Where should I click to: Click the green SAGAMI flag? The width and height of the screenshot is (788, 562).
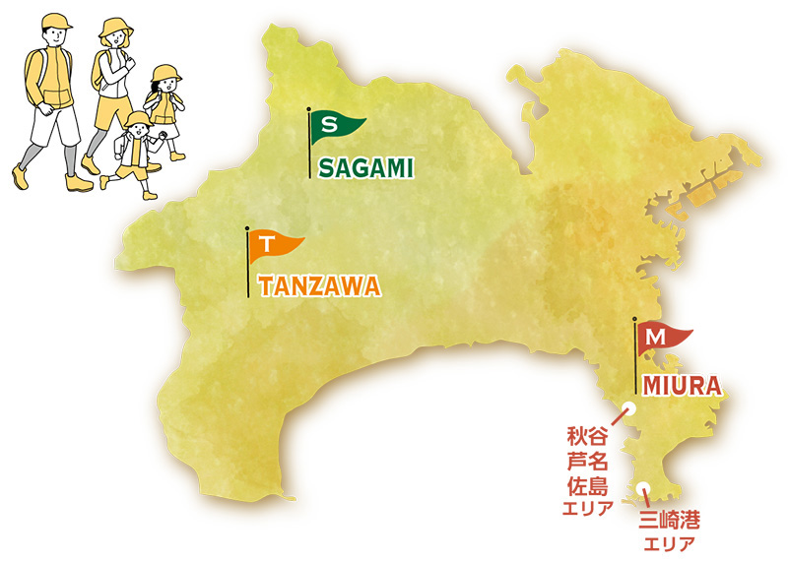(335, 126)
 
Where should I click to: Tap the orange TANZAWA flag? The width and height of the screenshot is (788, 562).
(273, 244)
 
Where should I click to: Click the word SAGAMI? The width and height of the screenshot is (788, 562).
(364, 168)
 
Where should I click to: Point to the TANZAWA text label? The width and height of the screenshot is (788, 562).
(319, 286)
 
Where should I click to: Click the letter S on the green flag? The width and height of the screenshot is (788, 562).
(330, 125)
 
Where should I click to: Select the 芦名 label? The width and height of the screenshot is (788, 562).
(588, 461)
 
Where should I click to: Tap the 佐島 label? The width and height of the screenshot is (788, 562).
(588, 485)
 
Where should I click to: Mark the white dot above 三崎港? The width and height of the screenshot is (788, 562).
(641, 487)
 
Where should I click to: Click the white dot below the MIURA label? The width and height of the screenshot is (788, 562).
(629, 408)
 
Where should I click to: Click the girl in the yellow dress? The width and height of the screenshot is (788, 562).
(162, 106)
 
